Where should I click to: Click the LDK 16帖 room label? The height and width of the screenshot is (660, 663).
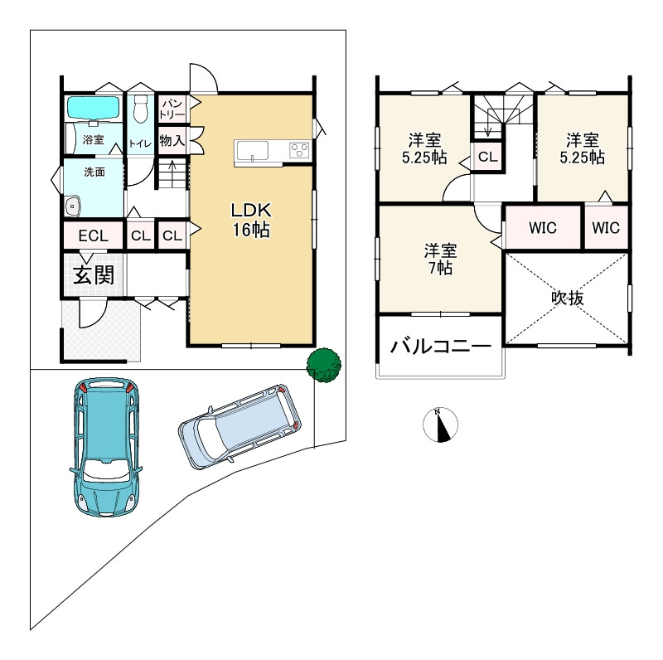[251, 220]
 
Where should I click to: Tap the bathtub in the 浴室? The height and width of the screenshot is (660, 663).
[94, 108]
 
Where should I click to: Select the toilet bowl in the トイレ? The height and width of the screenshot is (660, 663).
[139, 109]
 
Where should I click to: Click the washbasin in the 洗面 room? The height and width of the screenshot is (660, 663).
[73, 206]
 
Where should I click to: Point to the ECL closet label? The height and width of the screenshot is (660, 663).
[94, 235]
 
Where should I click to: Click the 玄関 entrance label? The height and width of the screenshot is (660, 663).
[94, 275]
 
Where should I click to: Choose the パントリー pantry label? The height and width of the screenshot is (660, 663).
[172, 109]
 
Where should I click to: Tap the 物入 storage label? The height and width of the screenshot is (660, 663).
[172, 140]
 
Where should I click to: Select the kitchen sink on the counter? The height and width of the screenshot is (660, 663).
[253, 151]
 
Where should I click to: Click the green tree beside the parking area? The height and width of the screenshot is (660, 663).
[324, 366]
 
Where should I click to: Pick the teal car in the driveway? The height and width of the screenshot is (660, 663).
[106, 447]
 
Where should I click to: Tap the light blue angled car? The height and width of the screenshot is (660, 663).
[240, 427]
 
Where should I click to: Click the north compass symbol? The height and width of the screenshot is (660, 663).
[441, 425]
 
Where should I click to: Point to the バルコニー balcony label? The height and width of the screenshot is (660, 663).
[441, 346]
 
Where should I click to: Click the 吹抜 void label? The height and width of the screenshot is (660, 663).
[568, 298]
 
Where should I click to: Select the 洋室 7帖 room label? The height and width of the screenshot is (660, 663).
[441, 259]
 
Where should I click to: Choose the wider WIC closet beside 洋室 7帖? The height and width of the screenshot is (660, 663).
[543, 228]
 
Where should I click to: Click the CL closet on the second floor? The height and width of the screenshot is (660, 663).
[488, 157]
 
